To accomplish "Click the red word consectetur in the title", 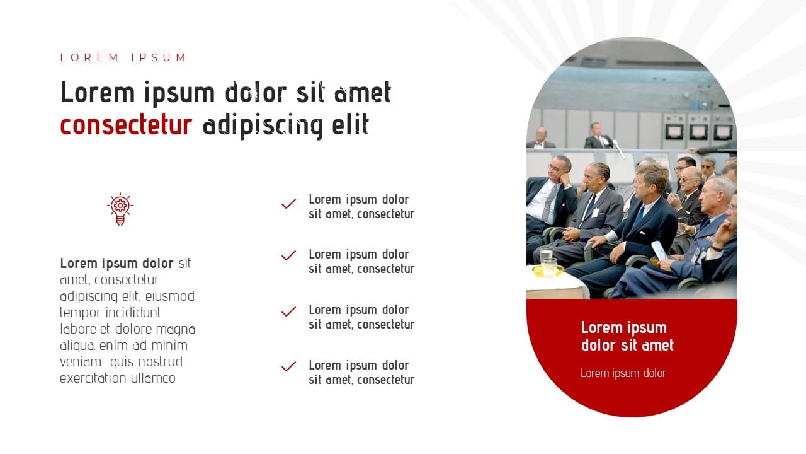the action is pos(126,125).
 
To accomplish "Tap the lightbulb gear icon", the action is pos(120,209).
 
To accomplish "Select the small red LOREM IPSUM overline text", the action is pos(123,57).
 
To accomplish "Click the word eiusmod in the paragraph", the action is pos(170,296).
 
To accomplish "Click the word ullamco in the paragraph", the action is pos(153,378).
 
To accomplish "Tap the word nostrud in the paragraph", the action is pos(161,362).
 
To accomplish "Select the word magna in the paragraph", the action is pos(176,329).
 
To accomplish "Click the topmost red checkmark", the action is pos(288,204).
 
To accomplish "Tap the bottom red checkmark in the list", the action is pos(288,366).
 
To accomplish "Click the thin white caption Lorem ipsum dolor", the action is pos(623,373).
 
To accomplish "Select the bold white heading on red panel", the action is pos(627,337).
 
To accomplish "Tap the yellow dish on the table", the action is pos(548,271).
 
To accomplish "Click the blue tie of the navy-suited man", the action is pos(639,216).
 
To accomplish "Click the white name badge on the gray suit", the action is pos(596,212).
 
